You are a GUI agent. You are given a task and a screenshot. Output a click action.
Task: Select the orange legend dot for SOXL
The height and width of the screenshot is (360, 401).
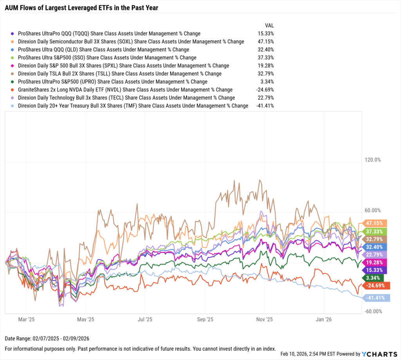[x=13, y=42]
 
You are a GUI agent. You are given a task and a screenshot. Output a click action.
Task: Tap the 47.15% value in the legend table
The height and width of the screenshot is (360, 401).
[x=266, y=42]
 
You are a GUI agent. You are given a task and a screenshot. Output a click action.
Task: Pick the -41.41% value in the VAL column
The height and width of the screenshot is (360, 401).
[x=265, y=106]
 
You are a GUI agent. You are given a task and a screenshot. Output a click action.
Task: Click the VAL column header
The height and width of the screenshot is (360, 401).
[x=269, y=25]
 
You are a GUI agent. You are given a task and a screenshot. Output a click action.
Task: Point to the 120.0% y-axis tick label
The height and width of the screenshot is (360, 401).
[x=372, y=160]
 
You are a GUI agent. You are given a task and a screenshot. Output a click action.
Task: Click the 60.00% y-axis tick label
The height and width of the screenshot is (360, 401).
[x=372, y=210]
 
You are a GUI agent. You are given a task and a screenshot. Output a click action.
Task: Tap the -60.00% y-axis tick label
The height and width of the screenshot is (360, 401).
[x=372, y=311]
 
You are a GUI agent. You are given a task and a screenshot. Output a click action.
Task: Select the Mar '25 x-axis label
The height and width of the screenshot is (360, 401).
[x=27, y=320]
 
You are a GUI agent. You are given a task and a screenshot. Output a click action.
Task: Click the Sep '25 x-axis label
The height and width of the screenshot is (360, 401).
[x=205, y=320]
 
